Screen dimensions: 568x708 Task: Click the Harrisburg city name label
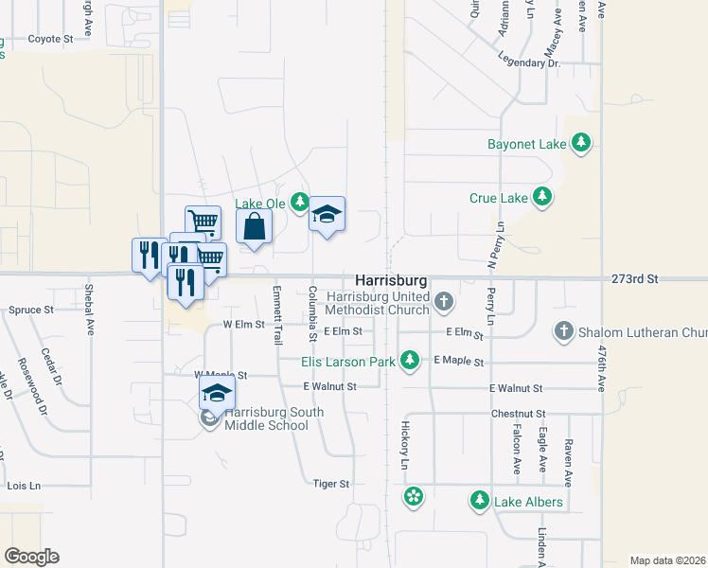click(x=391, y=281)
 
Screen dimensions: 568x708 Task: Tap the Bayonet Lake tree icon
click(x=580, y=144)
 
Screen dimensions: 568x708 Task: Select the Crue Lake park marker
click(x=542, y=198)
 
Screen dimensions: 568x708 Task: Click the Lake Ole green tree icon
click(x=300, y=202)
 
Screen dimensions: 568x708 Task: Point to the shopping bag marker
click(x=254, y=226)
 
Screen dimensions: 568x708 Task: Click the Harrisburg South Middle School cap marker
click(x=217, y=394)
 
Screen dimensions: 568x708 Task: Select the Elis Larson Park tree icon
click(x=410, y=360)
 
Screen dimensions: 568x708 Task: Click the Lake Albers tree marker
click(x=480, y=501)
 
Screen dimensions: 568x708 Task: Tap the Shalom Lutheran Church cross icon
click(x=563, y=331)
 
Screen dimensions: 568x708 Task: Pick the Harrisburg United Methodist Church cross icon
click(x=444, y=302)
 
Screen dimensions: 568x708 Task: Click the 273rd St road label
click(x=634, y=279)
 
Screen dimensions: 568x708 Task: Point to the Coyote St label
click(x=50, y=39)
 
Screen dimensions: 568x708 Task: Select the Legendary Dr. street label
click(x=534, y=62)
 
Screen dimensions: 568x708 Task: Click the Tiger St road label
click(x=331, y=484)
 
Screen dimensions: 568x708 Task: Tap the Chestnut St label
click(x=519, y=414)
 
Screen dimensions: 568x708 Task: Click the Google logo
click(x=31, y=556)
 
